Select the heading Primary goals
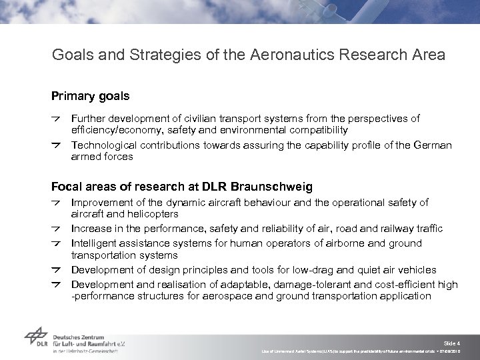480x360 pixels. (x=91, y=97)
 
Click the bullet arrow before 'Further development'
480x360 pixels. (x=57, y=119)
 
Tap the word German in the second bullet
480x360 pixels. (x=431, y=145)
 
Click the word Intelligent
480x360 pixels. (x=95, y=243)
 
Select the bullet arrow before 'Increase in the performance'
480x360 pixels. (x=57, y=229)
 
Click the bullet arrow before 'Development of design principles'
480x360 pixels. (x=57, y=271)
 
